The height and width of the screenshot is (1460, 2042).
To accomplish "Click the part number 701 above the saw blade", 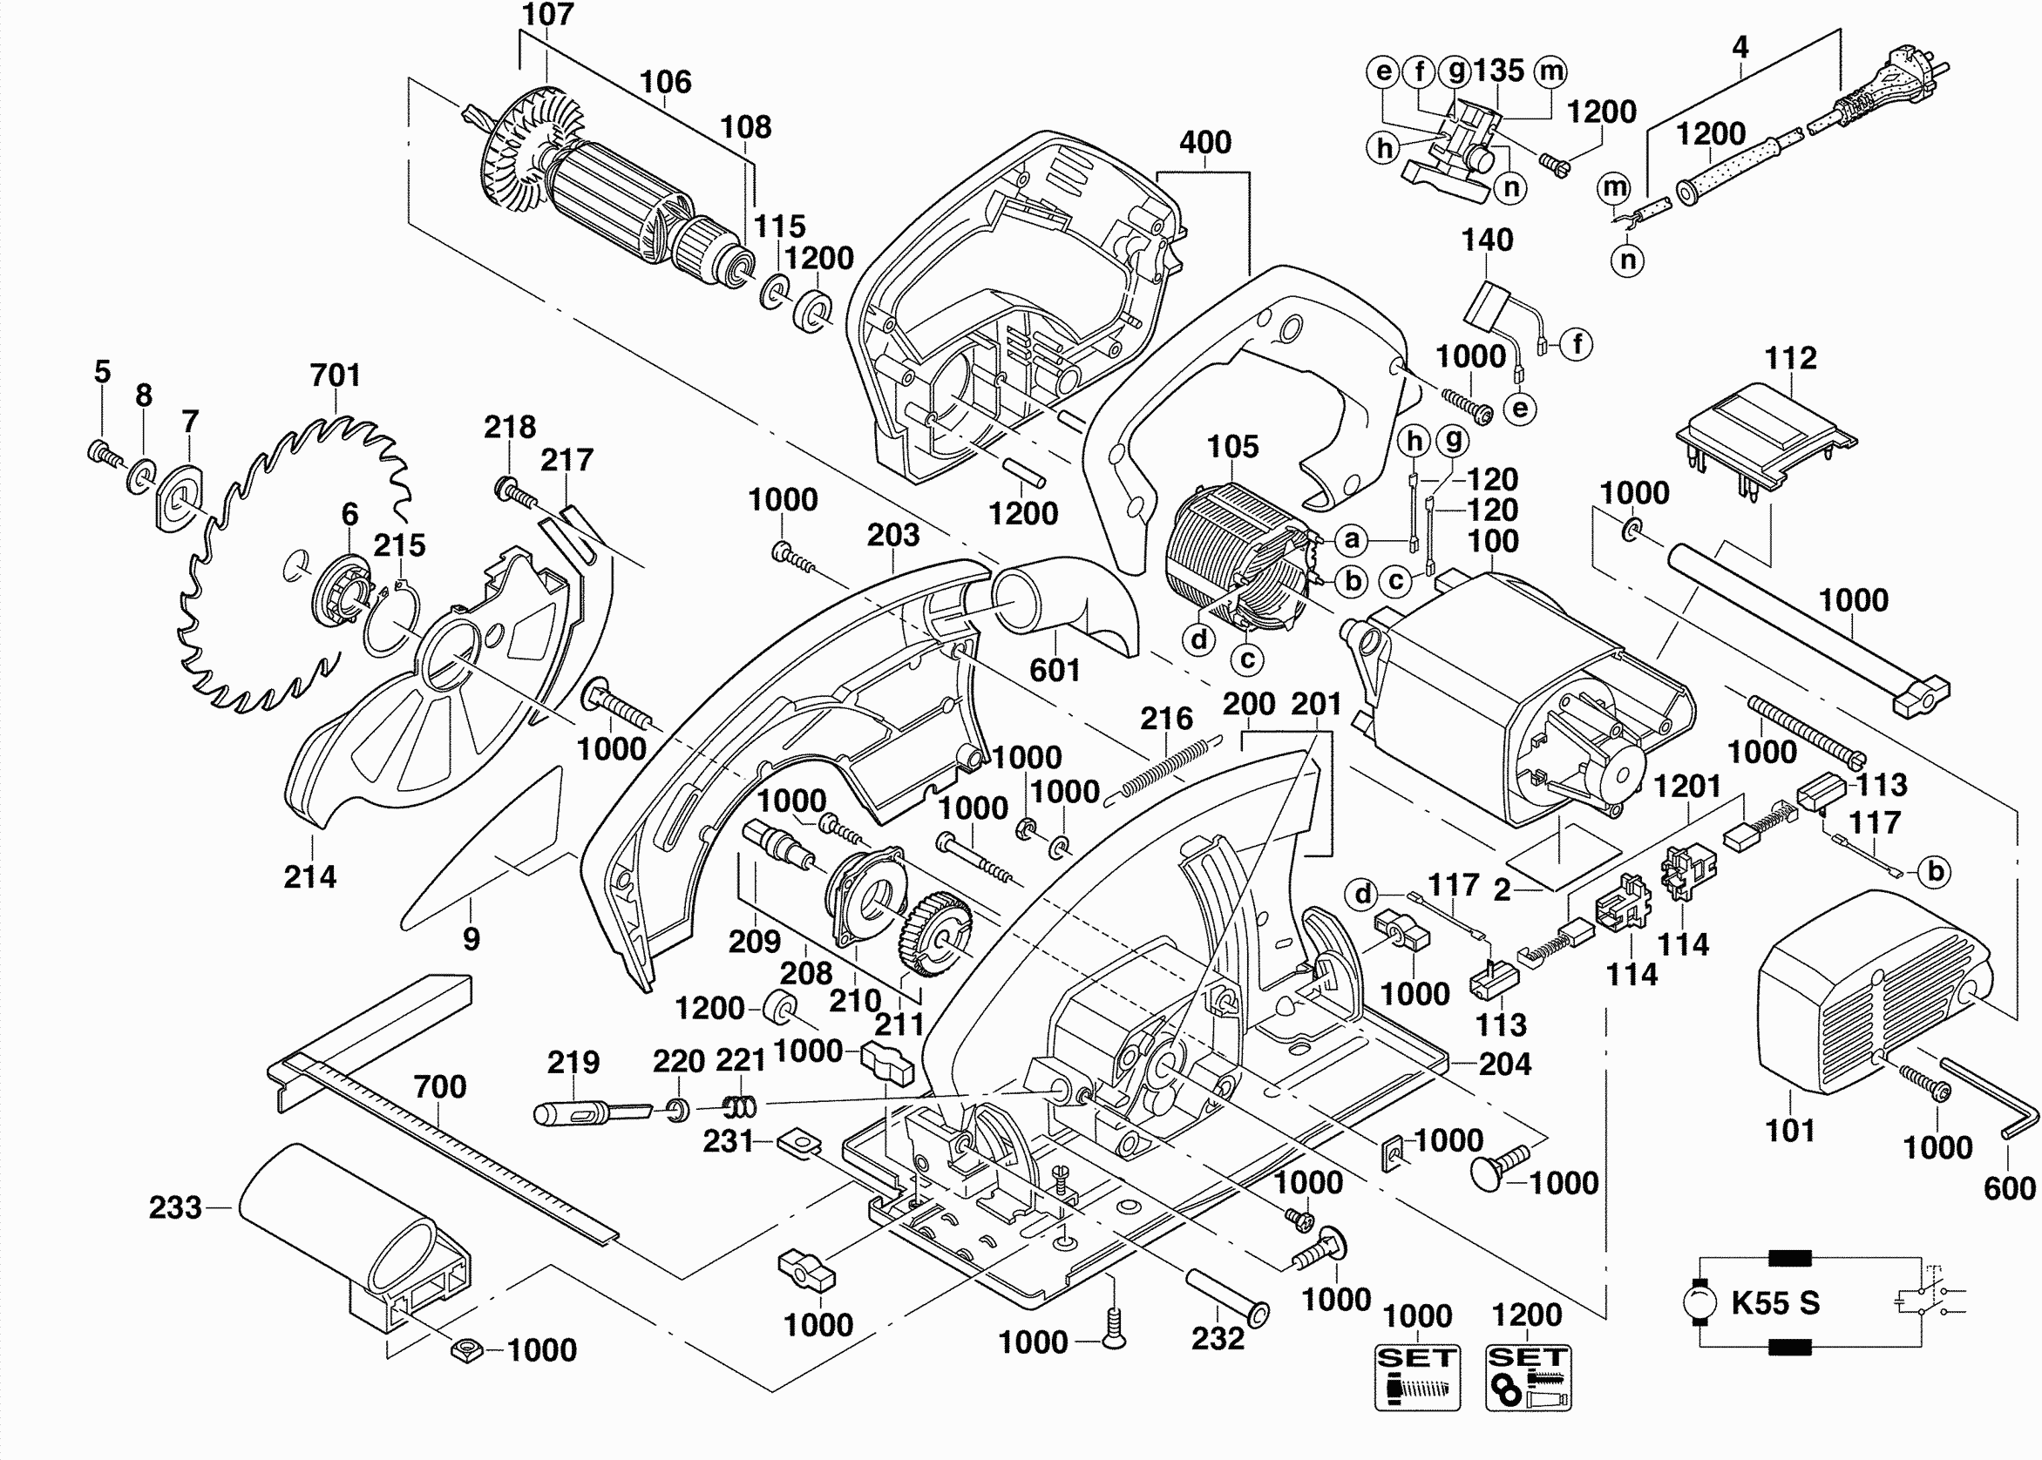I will [336, 375].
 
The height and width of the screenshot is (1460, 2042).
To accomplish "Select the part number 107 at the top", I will [547, 15].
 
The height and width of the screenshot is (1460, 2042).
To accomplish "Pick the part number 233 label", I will [175, 1207].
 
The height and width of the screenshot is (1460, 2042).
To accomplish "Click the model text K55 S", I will [1776, 1302].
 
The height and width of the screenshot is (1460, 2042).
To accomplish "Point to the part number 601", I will [1055, 670].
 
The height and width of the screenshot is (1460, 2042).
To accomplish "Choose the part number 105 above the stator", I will [1232, 447].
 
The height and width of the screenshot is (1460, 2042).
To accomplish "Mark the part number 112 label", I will [1790, 359].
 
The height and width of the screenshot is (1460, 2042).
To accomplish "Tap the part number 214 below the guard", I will [310, 876].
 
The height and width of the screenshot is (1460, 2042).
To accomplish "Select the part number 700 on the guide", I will [440, 1087].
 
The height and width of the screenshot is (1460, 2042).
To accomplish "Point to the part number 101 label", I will [1790, 1131].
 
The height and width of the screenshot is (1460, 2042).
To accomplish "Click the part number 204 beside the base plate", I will [1504, 1065].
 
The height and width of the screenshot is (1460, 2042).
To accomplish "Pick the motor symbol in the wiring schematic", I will [1699, 1302].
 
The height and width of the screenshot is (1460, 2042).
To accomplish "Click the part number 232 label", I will [1218, 1339].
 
